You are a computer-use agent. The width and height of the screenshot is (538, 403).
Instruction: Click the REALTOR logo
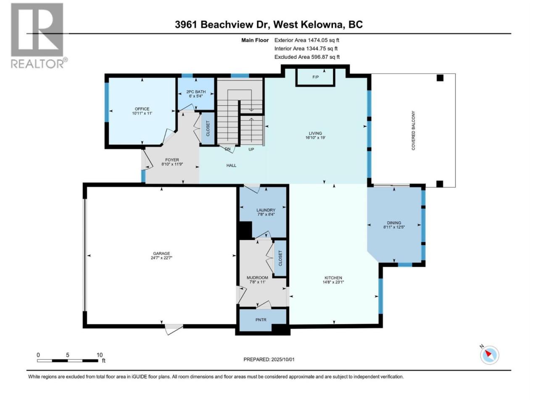pyautogui.click(x=39, y=36)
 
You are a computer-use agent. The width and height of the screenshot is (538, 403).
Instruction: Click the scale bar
pyautogui.click(x=68, y=361)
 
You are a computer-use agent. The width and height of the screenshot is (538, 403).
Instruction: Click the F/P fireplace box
pyautogui.click(x=315, y=77)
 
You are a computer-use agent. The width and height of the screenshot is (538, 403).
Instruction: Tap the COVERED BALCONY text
pyautogui.click(x=413, y=131)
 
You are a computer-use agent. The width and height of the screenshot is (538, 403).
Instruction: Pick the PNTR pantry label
pyautogui.click(x=261, y=319)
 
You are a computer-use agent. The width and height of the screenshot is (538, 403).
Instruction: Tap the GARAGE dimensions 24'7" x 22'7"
pyautogui.click(x=161, y=258)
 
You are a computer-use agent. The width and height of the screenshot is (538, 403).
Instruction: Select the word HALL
pyautogui.click(x=231, y=165)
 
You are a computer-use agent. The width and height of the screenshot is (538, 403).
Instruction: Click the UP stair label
pyautogui.click(x=251, y=149)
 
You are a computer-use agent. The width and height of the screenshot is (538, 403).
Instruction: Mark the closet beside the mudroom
pyautogui.click(x=280, y=258)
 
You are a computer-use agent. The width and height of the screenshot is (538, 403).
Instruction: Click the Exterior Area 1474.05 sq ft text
pyautogui.click(x=307, y=40)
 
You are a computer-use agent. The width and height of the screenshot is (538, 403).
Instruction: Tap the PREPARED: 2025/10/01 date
pyautogui.click(x=269, y=359)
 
